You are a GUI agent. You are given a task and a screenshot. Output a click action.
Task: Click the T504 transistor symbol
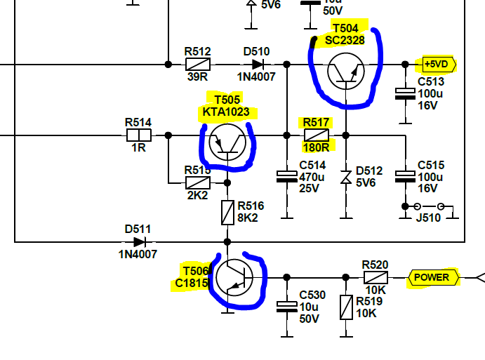[345, 71]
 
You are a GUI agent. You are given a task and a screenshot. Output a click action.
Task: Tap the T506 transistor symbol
[232, 277]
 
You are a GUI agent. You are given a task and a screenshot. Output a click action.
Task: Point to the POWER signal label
[432, 277]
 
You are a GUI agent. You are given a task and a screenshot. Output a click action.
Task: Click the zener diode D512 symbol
[345, 177]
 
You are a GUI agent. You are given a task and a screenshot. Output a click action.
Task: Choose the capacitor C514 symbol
[287, 176]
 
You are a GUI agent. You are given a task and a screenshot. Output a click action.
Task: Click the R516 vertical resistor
[227, 213]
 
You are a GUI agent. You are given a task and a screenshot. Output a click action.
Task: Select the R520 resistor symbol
[375, 277]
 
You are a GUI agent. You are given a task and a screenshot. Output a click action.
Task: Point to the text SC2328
[345, 40]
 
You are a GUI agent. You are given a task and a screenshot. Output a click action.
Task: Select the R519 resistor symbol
[345, 307]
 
